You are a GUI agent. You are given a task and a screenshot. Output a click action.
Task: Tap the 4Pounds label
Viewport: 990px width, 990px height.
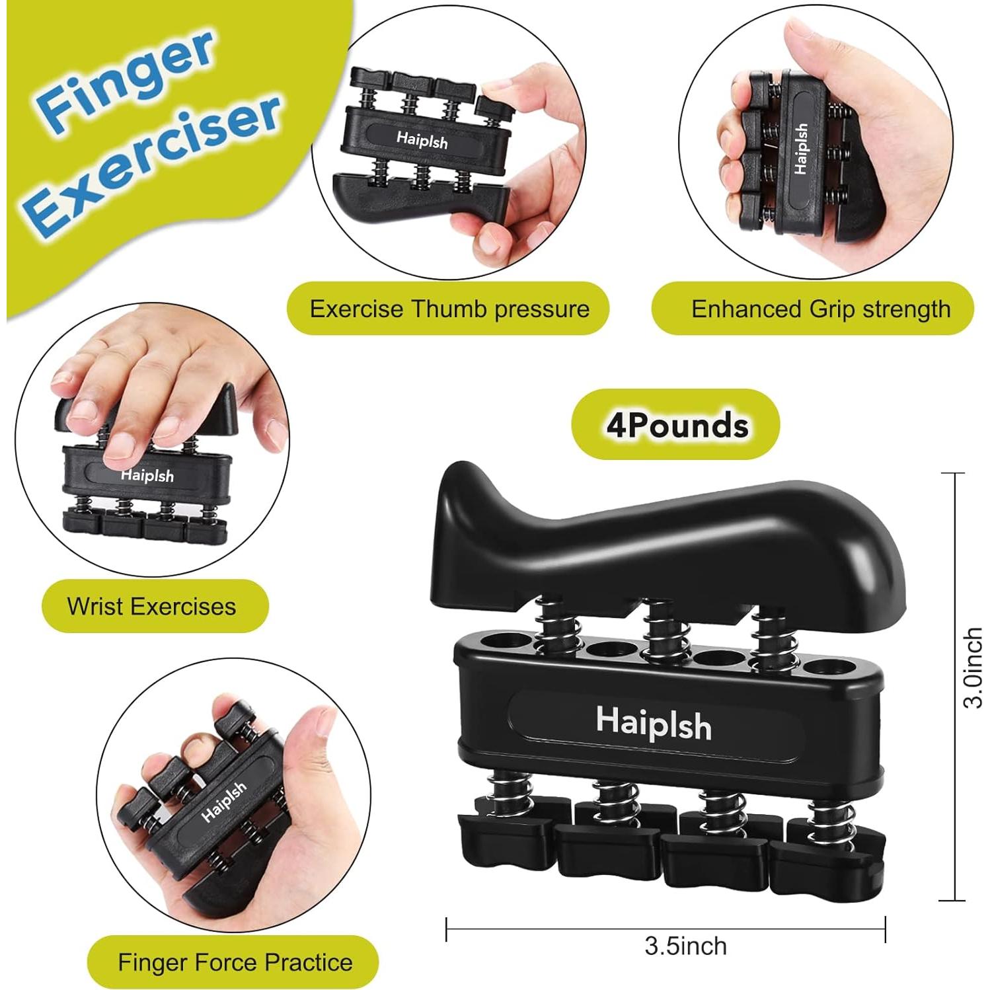click(x=677, y=425)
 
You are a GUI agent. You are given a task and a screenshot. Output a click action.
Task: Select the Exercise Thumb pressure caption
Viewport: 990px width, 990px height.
click(x=449, y=309)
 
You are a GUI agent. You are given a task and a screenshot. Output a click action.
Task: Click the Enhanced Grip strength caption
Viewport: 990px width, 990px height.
click(x=820, y=309)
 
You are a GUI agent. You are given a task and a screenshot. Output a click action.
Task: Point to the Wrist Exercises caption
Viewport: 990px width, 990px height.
click(x=152, y=606)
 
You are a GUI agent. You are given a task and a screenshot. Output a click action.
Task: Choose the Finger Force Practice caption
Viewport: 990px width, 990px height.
click(x=235, y=962)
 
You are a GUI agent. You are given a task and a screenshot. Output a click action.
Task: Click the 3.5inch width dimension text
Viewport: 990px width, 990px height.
click(x=685, y=946)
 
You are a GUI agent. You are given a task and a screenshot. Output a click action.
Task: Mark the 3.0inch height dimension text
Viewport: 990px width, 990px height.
click(x=973, y=667)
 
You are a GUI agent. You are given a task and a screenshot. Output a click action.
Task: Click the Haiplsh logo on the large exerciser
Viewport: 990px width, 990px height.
click(x=654, y=723)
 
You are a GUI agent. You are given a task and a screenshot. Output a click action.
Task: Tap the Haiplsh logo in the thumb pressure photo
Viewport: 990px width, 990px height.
click(x=422, y=140)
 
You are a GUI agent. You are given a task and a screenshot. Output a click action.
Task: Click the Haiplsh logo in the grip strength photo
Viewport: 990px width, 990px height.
click(x=802, y=149)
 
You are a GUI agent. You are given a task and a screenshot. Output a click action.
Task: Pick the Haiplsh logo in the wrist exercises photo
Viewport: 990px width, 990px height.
click(x=147, y=475)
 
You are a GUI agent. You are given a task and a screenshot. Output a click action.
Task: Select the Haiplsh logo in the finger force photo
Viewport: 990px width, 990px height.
click(x=224, y=802)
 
